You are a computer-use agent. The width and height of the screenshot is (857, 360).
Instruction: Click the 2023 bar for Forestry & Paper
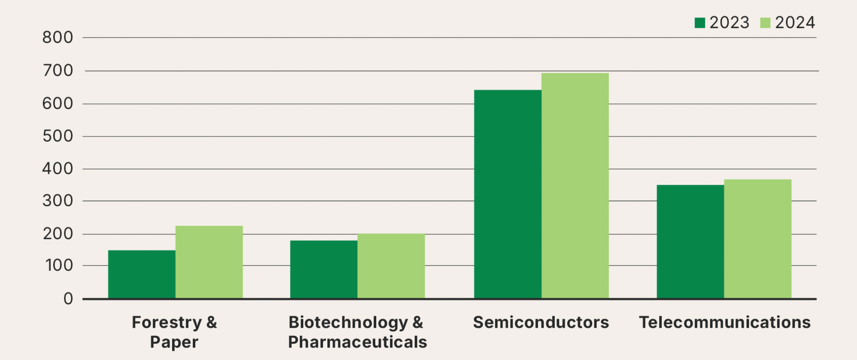(142, 274)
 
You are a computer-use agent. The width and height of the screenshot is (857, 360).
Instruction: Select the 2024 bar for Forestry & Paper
(209, 262)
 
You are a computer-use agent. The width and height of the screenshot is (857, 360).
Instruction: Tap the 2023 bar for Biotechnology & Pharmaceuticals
(324, 269)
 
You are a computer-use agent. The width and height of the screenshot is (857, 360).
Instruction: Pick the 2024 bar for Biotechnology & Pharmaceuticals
(391, 266)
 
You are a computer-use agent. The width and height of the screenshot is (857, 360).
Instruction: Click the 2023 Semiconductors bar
(508, 194)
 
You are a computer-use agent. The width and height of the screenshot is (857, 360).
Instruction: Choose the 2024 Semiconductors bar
(575, 186)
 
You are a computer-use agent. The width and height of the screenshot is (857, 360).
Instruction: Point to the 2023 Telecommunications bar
(690, 241)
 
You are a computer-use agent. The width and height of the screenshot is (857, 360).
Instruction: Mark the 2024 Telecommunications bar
(758, 239)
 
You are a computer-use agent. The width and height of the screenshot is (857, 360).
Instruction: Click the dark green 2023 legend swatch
(700, 23)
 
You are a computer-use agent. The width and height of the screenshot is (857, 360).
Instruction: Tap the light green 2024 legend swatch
(765, 23)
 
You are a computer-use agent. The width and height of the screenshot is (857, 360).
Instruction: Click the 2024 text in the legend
(795, 23)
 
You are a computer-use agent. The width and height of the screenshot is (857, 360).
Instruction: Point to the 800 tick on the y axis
(58, 38)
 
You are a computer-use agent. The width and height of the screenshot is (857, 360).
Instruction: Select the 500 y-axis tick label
(58, 136)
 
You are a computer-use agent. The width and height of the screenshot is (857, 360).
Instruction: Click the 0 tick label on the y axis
(68, 299)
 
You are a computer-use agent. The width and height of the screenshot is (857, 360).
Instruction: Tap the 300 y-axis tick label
(58, 201)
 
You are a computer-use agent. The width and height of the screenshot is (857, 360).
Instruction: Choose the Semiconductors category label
(541, 322)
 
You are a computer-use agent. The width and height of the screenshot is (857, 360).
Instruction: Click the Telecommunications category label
(725, 322)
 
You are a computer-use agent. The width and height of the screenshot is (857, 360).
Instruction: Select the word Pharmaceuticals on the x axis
(358, 342)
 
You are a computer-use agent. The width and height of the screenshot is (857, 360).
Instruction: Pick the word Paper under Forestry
(174, 342)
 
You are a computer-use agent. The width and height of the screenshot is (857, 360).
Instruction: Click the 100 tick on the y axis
(59, 266)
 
